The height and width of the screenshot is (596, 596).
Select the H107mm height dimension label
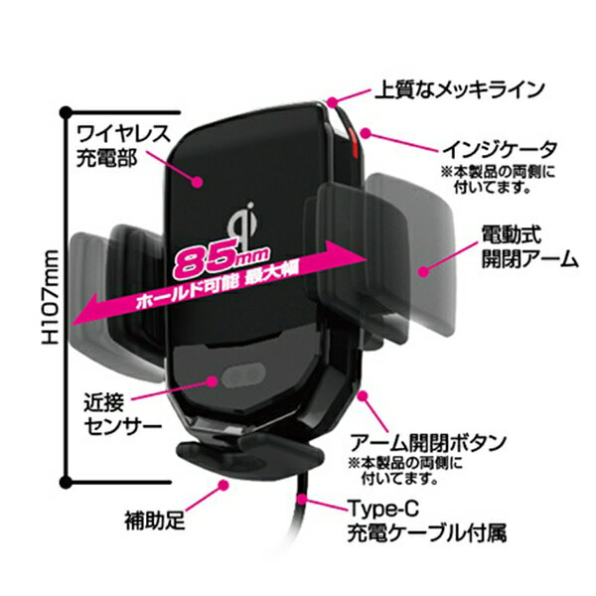tap(51, 297)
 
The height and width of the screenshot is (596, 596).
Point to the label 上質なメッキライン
tap(460, 90)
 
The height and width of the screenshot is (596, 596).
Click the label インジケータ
tap(501, 149)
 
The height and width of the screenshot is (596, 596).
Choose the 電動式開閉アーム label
tap(529, 246)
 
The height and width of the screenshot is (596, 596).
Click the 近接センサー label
tap(122, 415)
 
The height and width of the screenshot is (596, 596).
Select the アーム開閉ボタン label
tap(428, 442)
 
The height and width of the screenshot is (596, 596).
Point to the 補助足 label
tap(155, 521)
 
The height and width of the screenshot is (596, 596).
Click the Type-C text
tap(383, 509)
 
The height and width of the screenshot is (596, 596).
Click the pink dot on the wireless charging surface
tap(197, 182)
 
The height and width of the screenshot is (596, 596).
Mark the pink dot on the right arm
tap(423, 271)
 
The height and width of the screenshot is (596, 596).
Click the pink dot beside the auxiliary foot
tap(223, 485)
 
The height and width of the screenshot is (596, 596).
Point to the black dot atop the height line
tap(66, 112)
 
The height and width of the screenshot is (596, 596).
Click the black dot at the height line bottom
tap(66, 483)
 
